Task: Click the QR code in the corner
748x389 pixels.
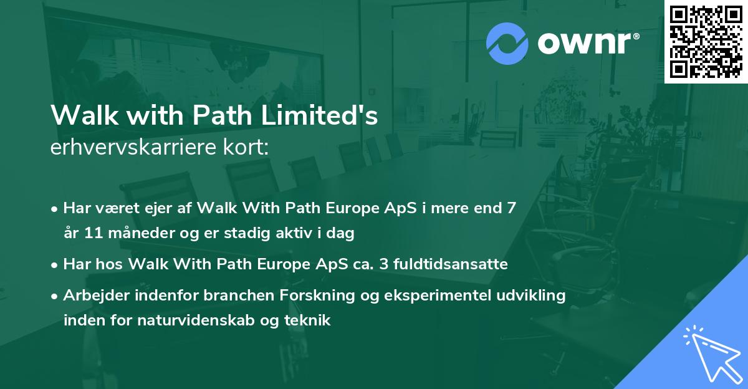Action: coord(705,42)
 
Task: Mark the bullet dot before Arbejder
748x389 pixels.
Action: coord(55,296)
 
